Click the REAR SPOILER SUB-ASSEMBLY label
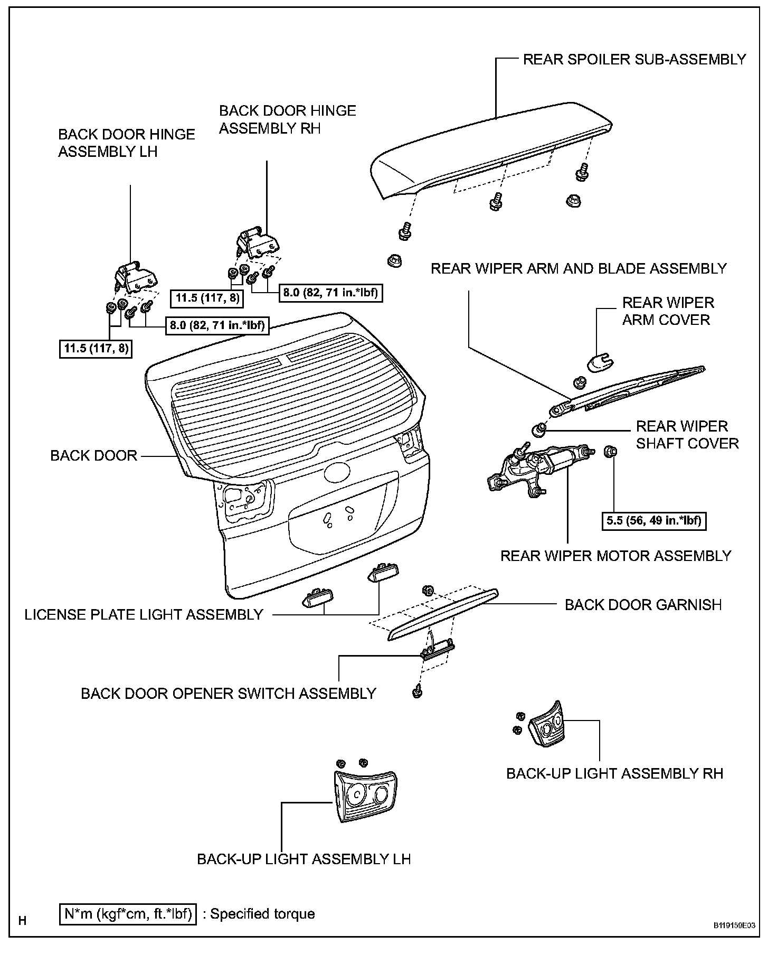634,59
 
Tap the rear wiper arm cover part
601,363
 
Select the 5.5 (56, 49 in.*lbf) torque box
653,521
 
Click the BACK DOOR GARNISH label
643,605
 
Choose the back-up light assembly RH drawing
545,725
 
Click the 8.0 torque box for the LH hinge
217,325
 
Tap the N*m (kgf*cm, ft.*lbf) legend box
127,914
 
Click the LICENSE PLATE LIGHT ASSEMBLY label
144,614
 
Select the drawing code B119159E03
734,941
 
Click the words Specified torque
262,914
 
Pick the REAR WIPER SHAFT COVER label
686,434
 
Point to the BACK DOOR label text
93,455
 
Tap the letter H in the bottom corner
22,921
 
